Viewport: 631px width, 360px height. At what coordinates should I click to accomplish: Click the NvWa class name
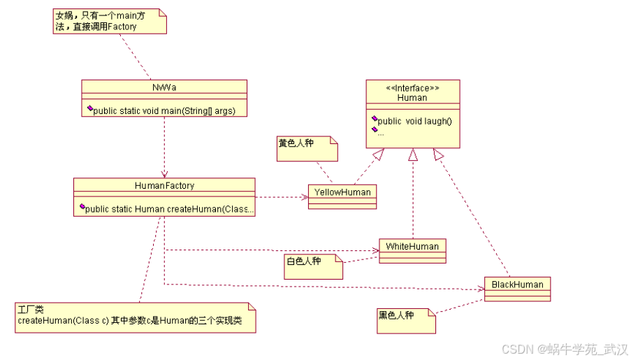tap(164, 87)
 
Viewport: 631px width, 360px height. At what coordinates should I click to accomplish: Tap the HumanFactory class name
tap(164, 185)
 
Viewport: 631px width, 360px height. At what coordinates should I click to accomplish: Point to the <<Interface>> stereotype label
tap(412, 88)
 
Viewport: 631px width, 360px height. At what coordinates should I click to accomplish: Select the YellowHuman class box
tap(342, 196)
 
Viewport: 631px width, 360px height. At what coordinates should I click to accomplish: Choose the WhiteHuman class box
tap(412, 250)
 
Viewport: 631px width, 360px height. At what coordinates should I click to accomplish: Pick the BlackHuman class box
tap(517, 288)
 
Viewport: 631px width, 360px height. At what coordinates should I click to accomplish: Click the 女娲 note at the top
tap(109, 21)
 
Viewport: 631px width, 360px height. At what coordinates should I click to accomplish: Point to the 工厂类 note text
tap(133, 317)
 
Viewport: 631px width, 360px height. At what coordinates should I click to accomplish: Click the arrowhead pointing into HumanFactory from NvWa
tap(164, 174)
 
